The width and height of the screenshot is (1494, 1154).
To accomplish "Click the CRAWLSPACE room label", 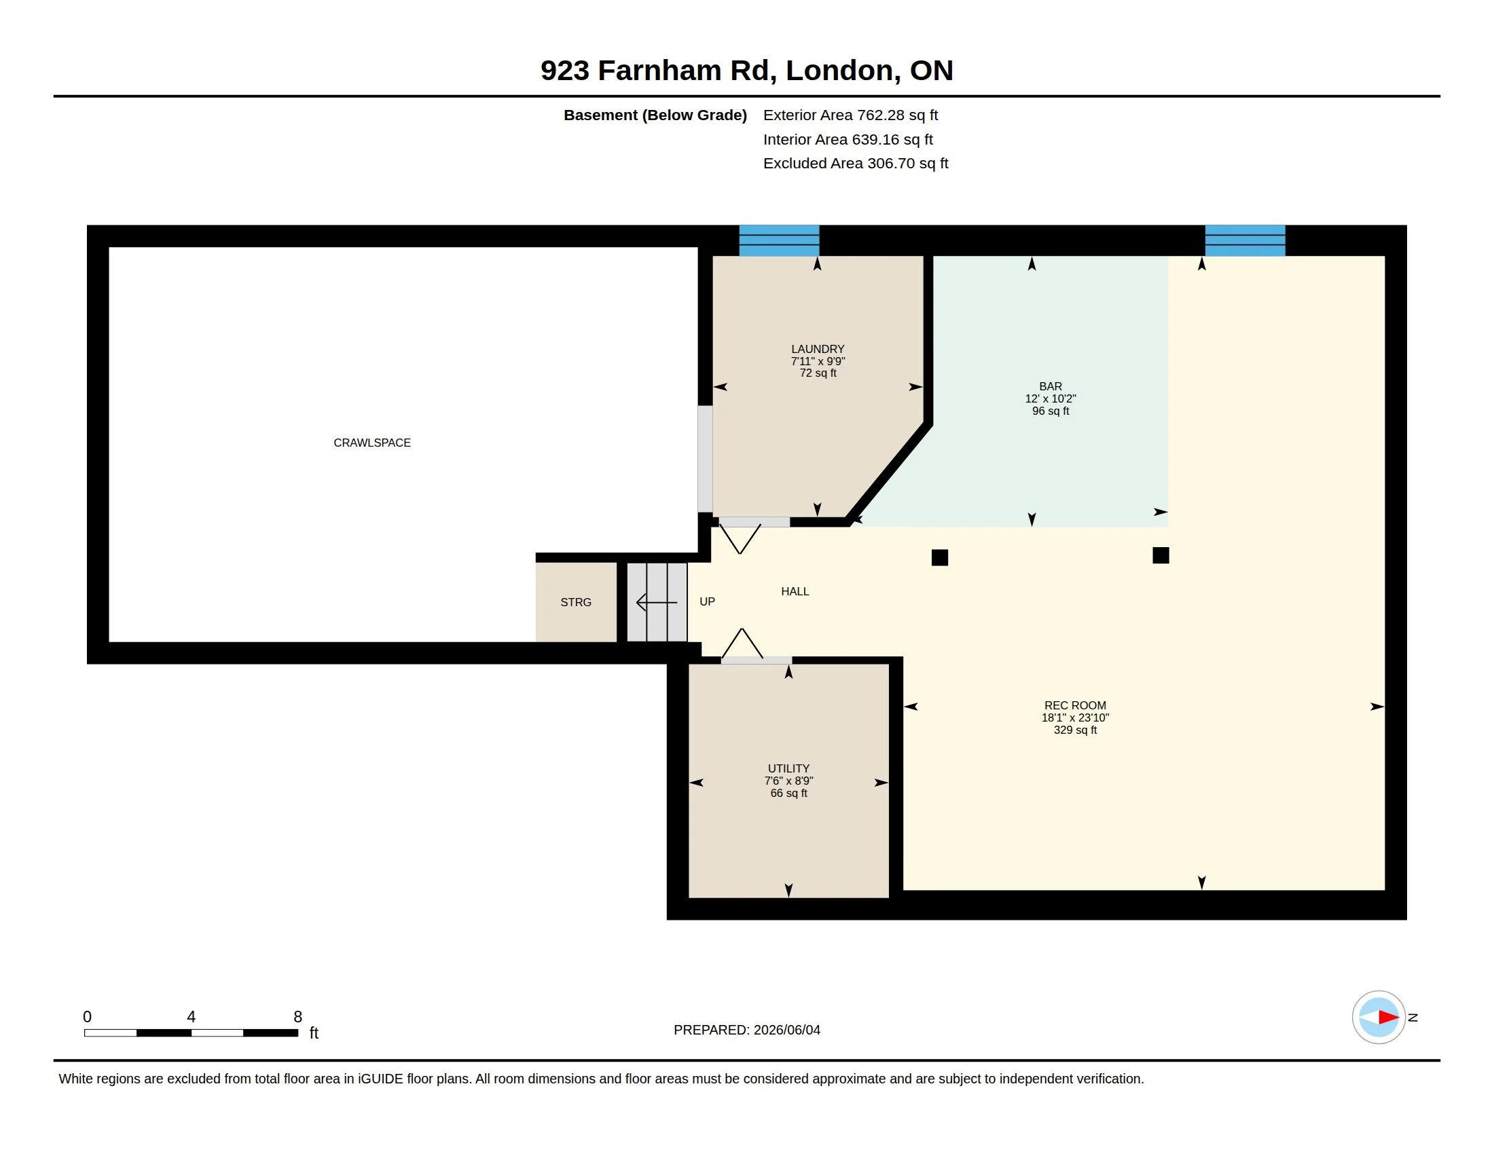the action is click(372, 443).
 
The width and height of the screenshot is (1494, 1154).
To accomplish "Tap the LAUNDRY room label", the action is click(818, 349).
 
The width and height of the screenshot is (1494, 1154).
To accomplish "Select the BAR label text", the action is click(1050, 386).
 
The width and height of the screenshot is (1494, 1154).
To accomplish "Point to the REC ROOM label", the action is click(1075, 705).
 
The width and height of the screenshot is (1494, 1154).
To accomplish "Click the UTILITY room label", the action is click(788, 768).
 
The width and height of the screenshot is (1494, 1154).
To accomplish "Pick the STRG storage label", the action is click(575, 602).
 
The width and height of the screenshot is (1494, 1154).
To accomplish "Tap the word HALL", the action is click(795, 591).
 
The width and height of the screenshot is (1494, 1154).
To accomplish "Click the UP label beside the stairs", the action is click(707, 601).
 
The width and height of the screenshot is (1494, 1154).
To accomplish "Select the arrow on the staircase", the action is click(657, 602).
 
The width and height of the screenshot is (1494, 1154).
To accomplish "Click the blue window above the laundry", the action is click(779, 241).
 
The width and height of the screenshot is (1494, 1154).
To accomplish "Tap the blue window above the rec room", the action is click(1245, 241).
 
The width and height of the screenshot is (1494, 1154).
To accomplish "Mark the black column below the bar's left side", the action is click(940, 557).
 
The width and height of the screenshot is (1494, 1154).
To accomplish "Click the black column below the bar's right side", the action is click(1161, 555).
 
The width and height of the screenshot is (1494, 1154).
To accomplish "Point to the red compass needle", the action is click(1389, 1018).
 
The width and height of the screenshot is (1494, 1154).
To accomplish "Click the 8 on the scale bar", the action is click(297, 1017).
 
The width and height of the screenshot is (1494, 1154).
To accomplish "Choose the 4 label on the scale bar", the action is click(192, 1017).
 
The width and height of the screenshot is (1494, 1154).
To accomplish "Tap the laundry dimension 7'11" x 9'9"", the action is click(818, 361).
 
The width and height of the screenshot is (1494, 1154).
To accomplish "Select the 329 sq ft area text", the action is click(1075, 730).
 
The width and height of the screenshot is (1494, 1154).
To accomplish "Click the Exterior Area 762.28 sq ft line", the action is click(850, 115).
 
